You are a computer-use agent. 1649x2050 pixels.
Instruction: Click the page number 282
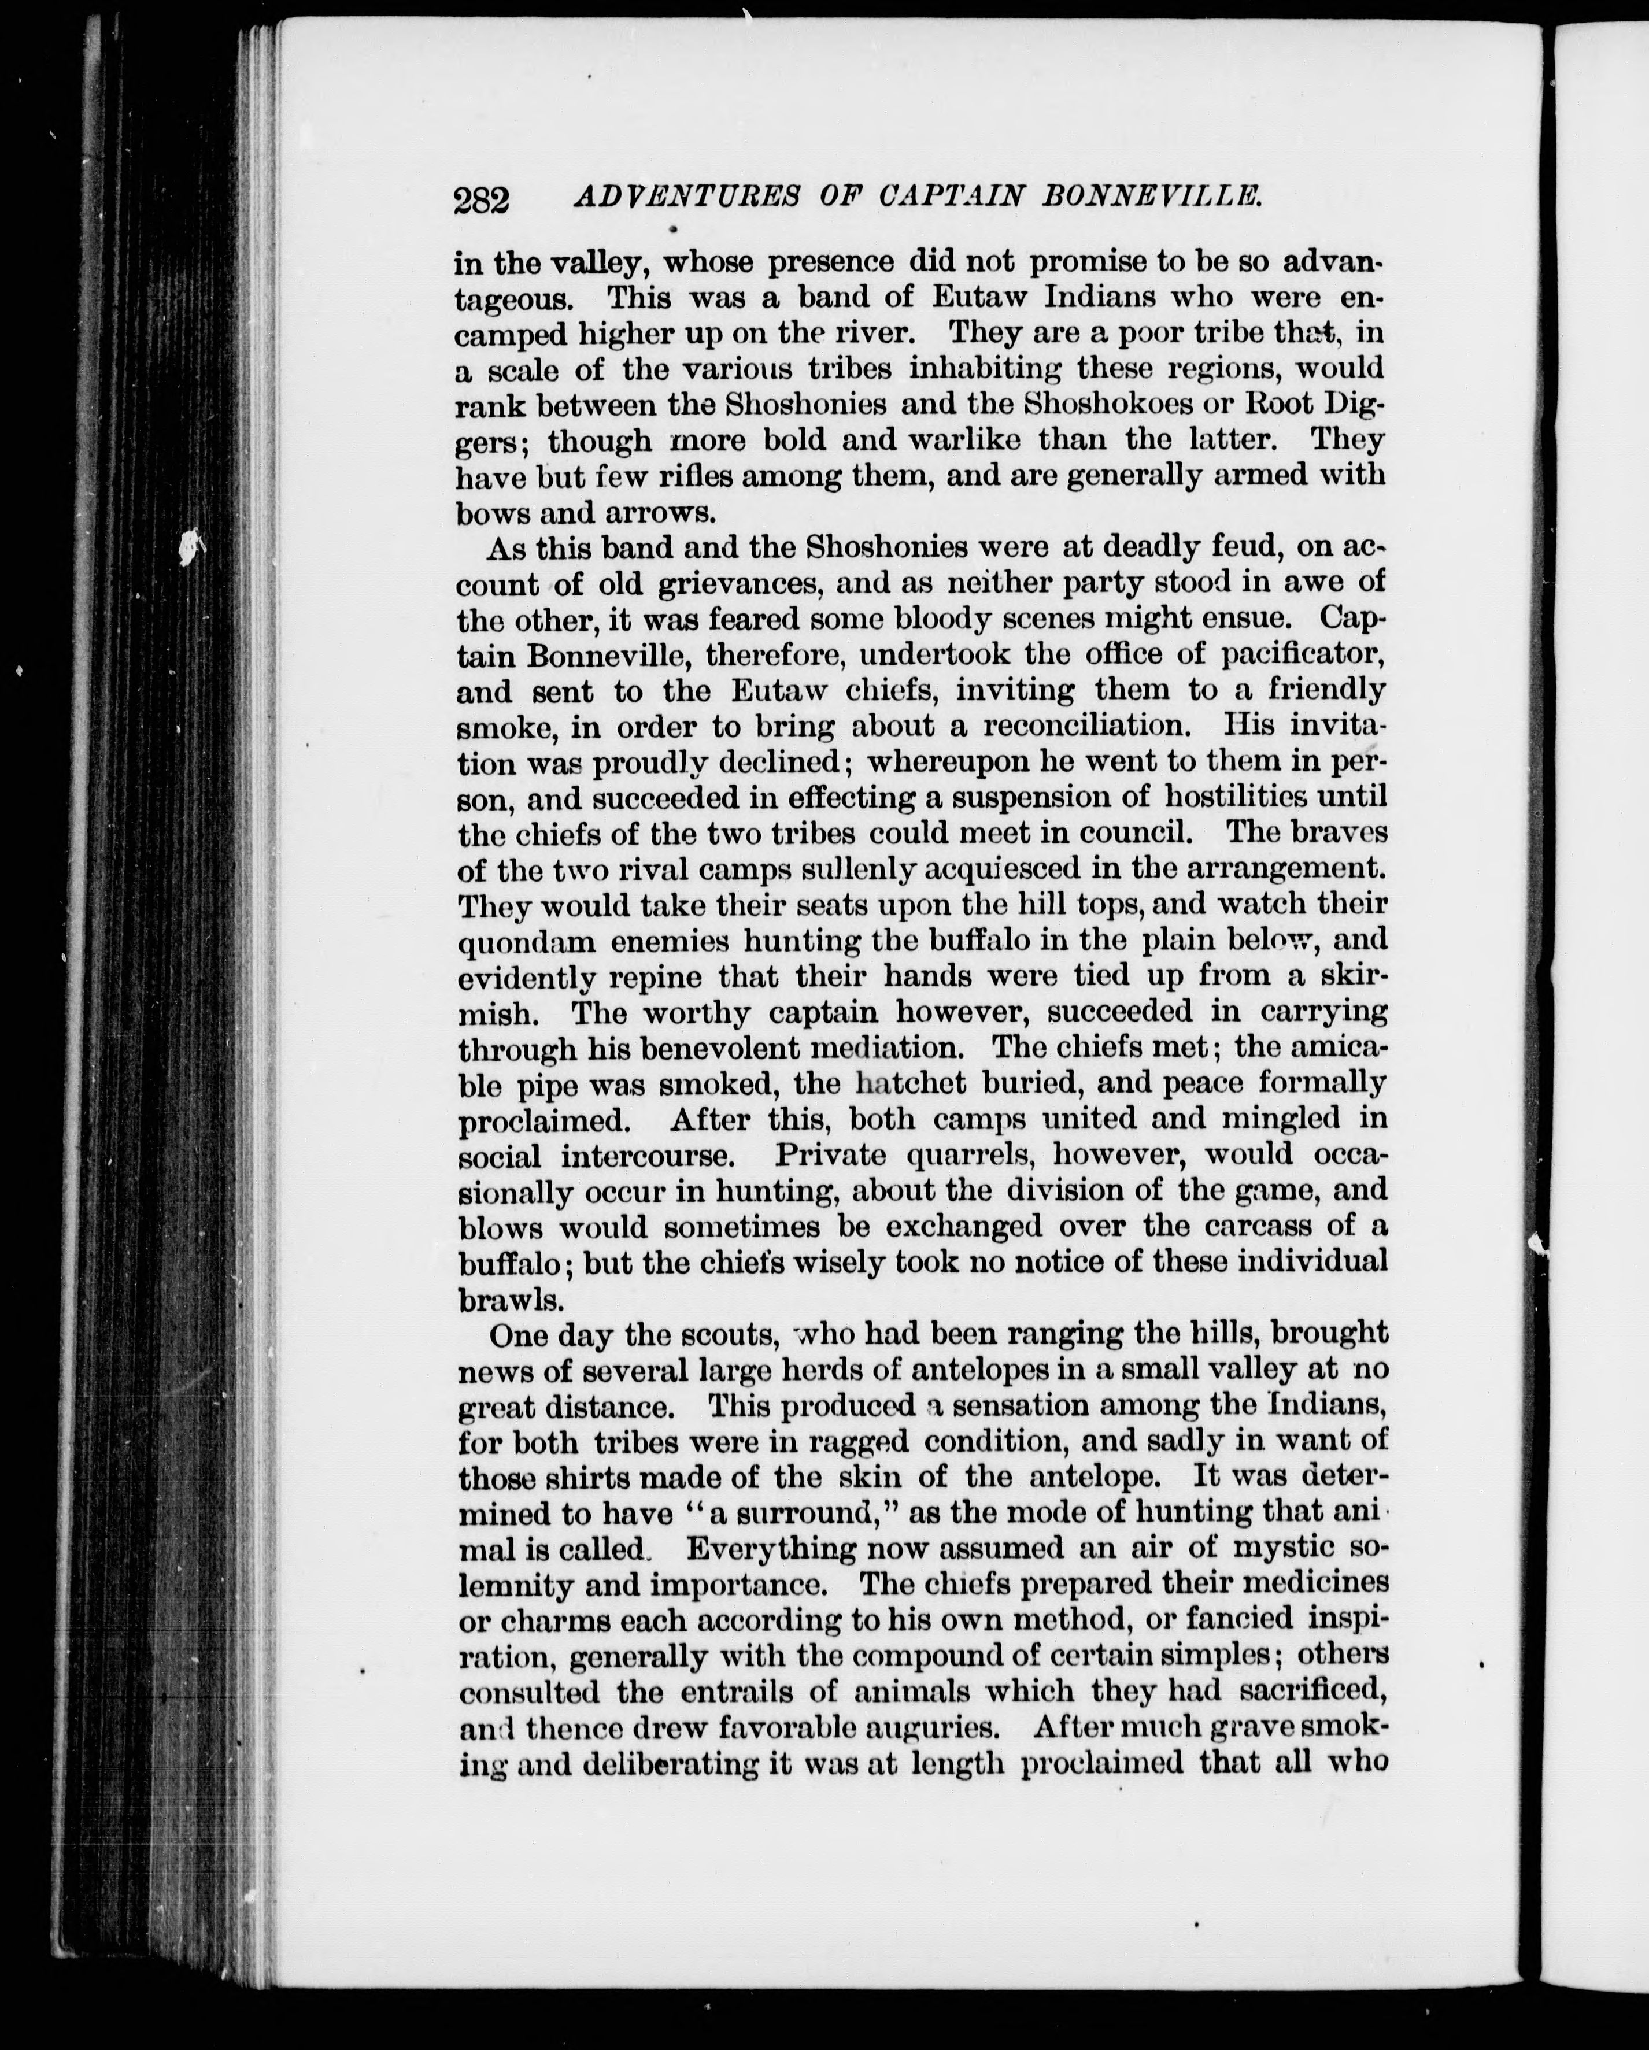(x=482, y=201)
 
